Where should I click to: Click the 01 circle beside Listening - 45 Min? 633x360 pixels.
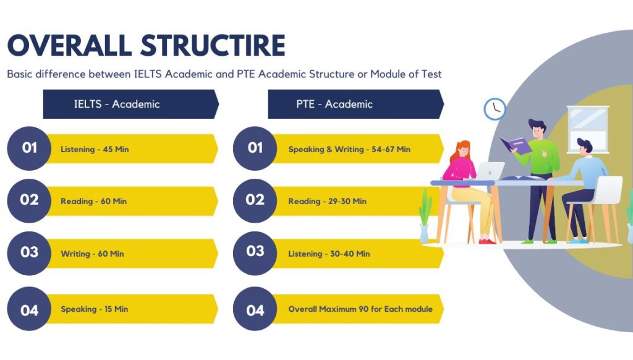pyautogui.click(x=29, y=148)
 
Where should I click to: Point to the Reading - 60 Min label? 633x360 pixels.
pyautogui.click(x=94, y=201)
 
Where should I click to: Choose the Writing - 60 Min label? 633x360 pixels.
pyautogui.click(x=92, y=254)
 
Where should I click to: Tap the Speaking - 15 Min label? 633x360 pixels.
pyautogui.click(x=95, y=309)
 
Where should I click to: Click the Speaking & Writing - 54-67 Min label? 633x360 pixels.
pyautogui.click(x=349, y=149)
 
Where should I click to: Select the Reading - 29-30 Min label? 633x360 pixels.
pyautogui.click(x=327, y=201)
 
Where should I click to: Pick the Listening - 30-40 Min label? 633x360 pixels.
pyautogui.click(x=329, y=254)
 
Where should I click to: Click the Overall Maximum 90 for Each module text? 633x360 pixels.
pyautogui.click(x=360, y=309)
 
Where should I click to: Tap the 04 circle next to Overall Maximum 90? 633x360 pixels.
pyautogui.click(x=255, y=309)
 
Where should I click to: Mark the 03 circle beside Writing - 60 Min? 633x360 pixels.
pyautogui.click(x=29, y=252)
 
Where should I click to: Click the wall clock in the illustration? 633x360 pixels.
pyautogui.click(x=495, y=109)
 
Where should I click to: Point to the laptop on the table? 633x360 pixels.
pyautogui.click(x=490, y=171)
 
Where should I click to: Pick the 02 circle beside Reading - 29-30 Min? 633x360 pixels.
pyautogui.click(x=255, y=200)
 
